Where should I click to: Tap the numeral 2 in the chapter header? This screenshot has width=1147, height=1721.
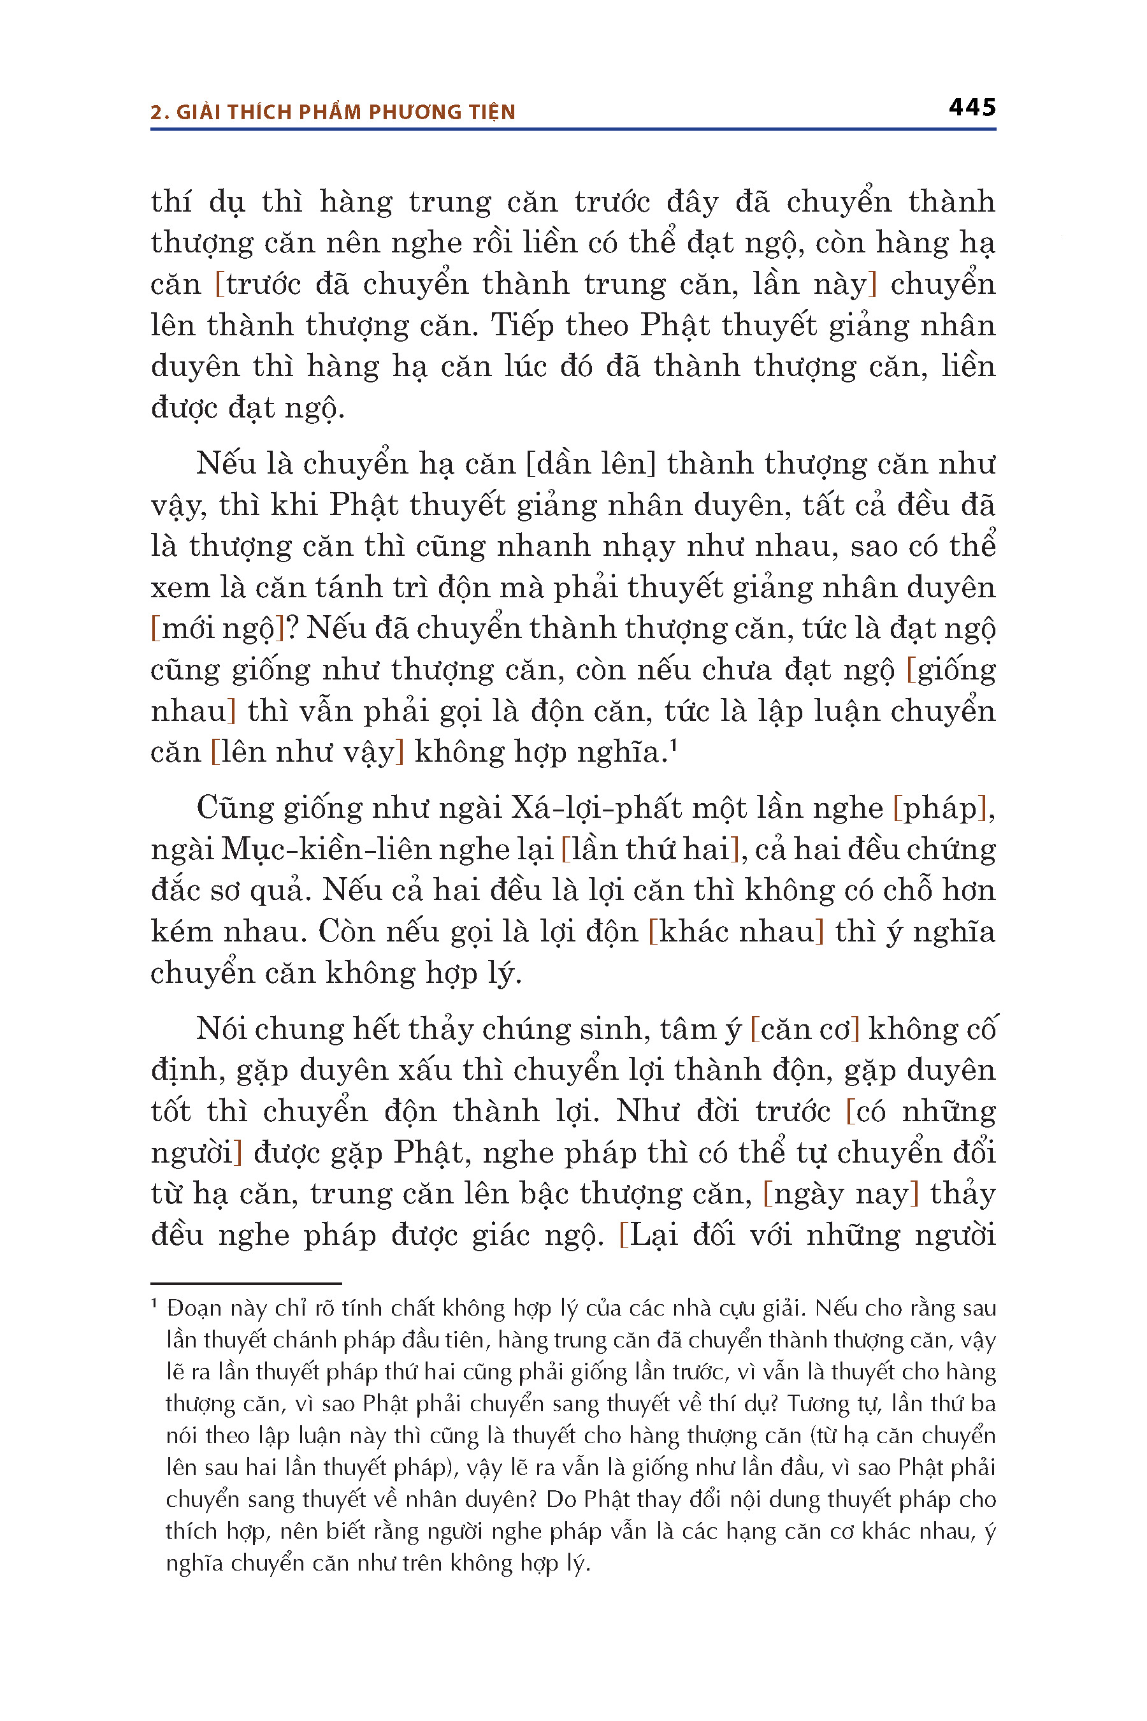(155, 112)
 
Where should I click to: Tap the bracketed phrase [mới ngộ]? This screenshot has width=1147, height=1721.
(217, 628)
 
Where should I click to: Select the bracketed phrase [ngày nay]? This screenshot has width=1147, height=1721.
(840, 1193)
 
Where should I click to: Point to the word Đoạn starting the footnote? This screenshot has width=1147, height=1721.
(193, 1307)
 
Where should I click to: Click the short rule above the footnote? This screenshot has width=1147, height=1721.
(246, 1282)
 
